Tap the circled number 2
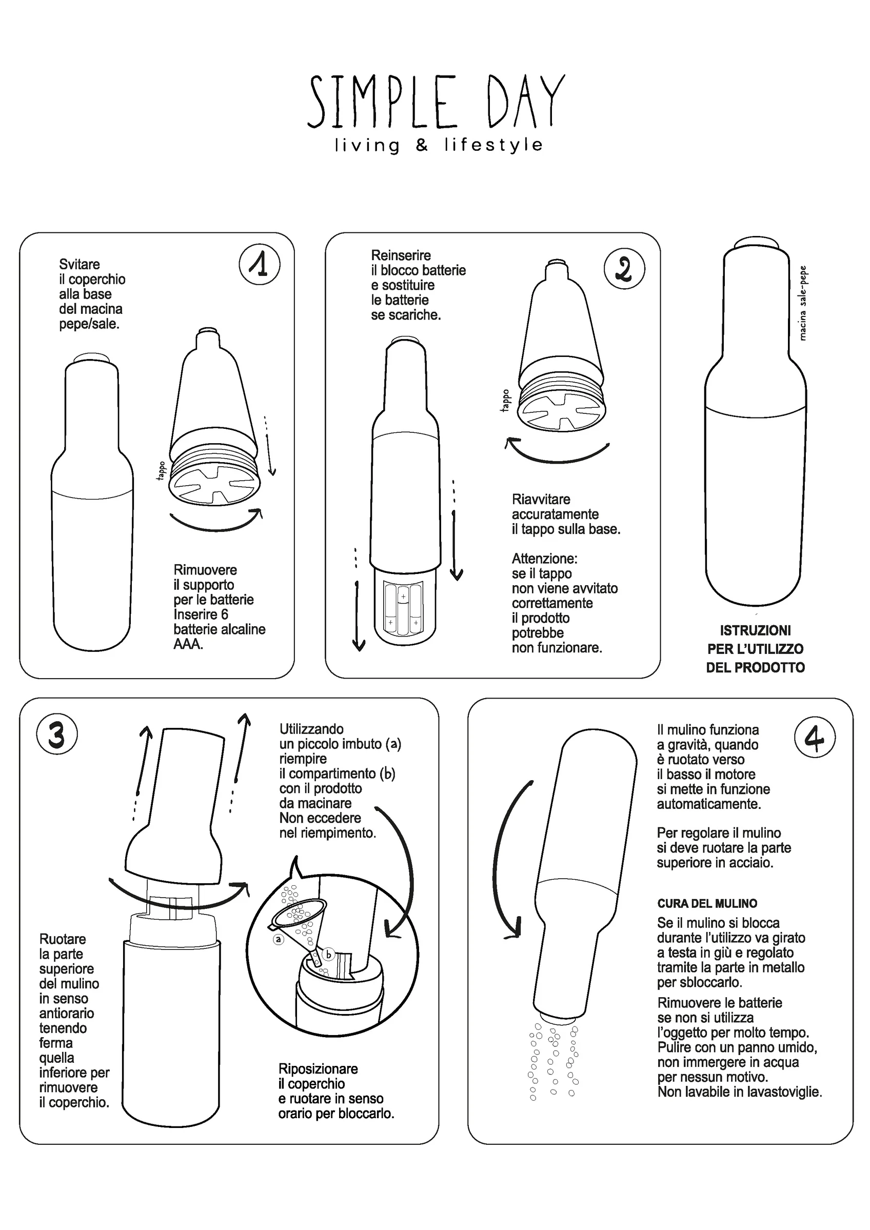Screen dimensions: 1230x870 click(624, 268)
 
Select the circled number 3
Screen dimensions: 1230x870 click(57, 734)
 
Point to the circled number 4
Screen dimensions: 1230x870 click(814, 737)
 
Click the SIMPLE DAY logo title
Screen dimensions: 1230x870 click(436, 101)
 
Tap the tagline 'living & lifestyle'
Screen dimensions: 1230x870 click(438, 145)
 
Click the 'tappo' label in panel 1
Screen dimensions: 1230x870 click(161, 470)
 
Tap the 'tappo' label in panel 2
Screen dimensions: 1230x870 click(505, 400)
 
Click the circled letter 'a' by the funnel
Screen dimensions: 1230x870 click(278, 939)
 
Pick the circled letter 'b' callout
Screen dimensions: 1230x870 click(328, 954)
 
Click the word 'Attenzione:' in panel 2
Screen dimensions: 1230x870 click(544, 559)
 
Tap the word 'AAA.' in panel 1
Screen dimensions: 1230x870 click(188, 644)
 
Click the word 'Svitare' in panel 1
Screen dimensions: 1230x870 click(80, 264)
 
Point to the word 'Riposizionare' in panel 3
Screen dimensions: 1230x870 click(318, 1069)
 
